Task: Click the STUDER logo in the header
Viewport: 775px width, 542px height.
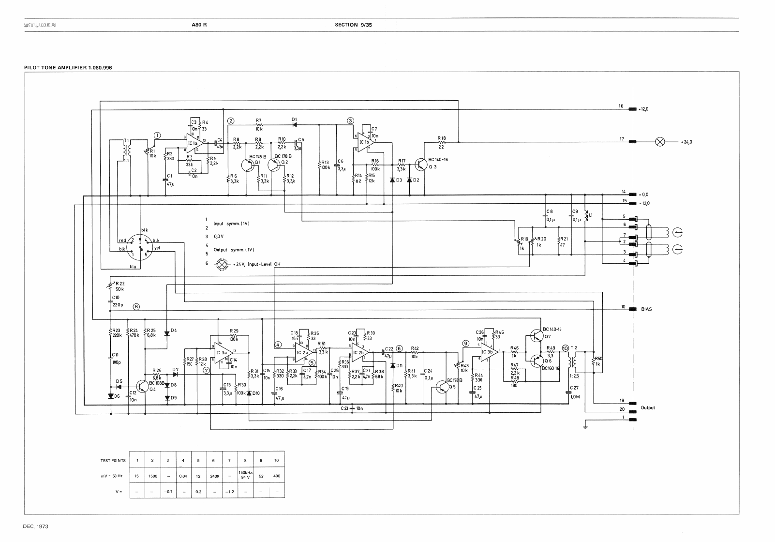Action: tap(41, 25)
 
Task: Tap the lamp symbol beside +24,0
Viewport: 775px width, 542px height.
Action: tap(659, 142)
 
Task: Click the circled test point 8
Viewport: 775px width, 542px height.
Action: tap(137, 306)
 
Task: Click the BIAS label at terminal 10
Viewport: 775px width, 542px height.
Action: tap(646, 309)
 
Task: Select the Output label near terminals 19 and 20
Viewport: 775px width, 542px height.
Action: tap(648, 407)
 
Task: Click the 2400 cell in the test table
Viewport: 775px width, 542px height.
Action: tap(214, 476)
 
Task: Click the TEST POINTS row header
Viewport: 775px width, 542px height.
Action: tap(112, 460)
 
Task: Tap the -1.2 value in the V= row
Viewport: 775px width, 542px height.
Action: tap(230, 492)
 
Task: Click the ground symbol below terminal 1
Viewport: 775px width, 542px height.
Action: tap(586, 426)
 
